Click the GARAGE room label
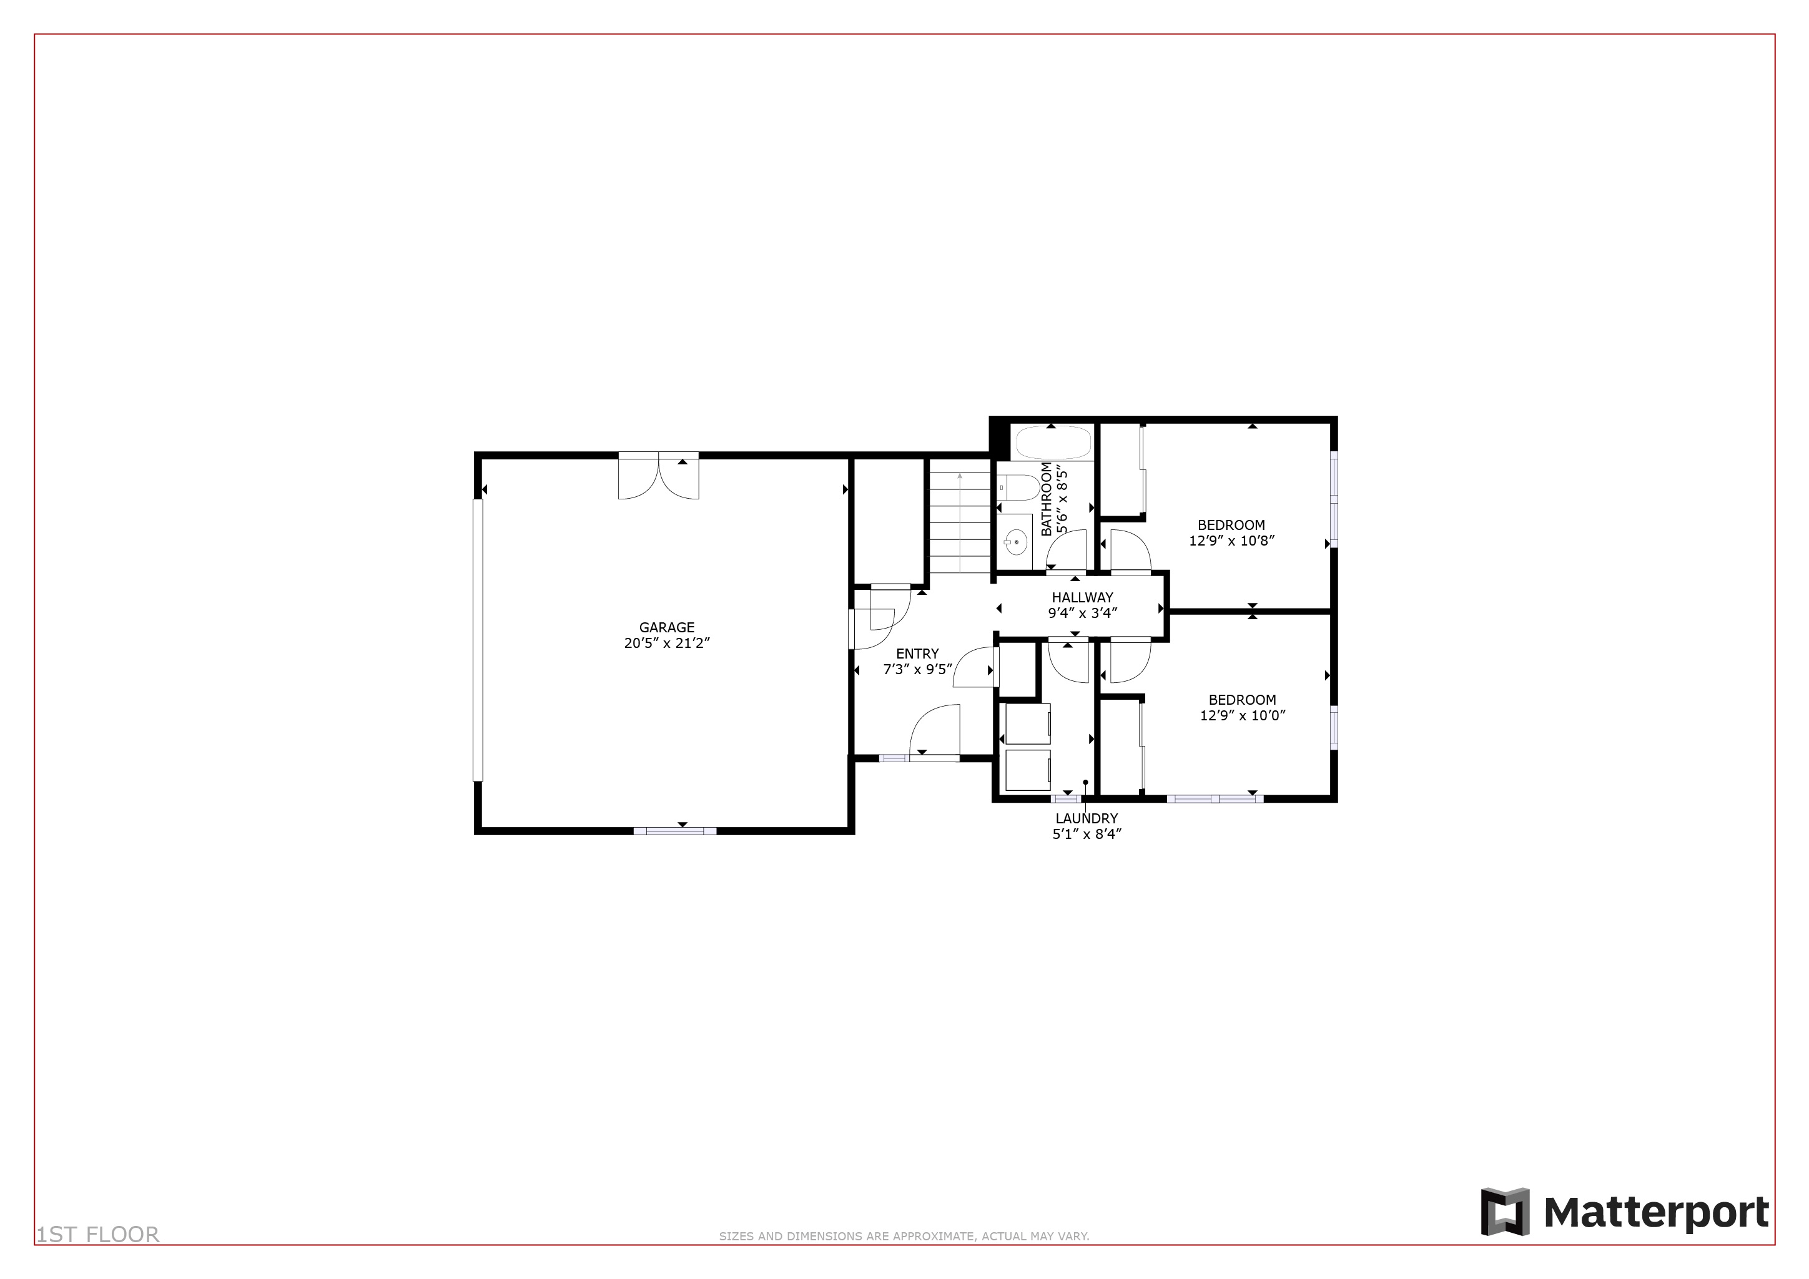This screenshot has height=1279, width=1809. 666,628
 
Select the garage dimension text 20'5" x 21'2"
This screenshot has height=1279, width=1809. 666,644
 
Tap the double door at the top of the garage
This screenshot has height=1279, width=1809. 658,478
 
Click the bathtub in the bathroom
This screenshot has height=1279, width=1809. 1053,443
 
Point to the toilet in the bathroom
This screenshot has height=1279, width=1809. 1020,488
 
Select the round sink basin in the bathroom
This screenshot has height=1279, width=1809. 1015,542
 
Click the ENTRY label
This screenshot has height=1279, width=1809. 917,654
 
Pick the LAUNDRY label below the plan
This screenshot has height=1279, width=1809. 1087,819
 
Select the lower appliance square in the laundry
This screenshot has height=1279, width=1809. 1028,770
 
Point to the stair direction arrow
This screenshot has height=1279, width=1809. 960,478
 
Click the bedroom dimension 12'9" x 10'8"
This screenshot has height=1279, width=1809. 1231,541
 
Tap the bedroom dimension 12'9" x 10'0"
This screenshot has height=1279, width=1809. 1242,716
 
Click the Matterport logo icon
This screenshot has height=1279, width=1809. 1504,1212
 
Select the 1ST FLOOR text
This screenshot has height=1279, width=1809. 97,1235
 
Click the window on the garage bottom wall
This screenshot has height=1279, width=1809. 675,831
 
